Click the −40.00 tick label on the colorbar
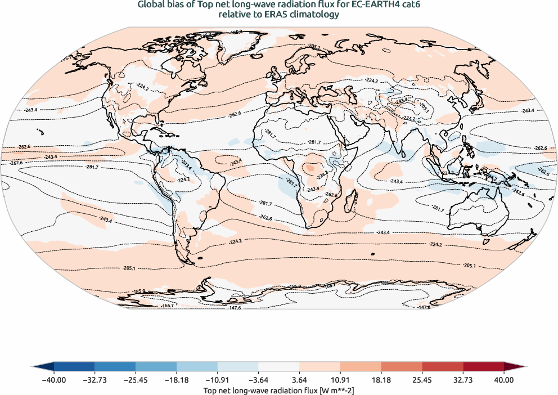tap(54, 380)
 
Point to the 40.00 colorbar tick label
tap(504, 380)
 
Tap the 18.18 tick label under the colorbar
tap(381, 380)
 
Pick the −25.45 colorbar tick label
tap(136, 380)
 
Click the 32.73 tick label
tap(463, 380)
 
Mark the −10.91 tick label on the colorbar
tap(217, 380)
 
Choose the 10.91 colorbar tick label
tap(340, 380)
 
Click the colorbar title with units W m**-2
tap(278, 390)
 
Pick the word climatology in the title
tap(312, 15)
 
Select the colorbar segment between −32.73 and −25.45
tap(115, 367)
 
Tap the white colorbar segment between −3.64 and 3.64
tap(279, 367)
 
